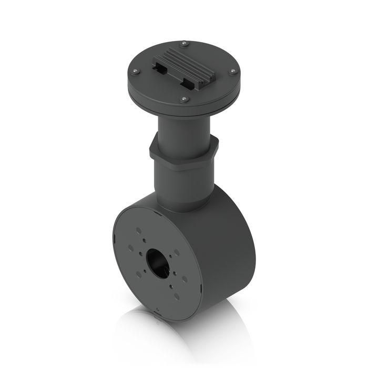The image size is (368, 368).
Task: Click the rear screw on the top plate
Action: point(183,43)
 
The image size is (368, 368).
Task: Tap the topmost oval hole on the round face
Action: point(138,231)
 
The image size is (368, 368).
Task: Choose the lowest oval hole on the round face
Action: point(176,295)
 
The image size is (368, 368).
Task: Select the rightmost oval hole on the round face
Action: point(185,279)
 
